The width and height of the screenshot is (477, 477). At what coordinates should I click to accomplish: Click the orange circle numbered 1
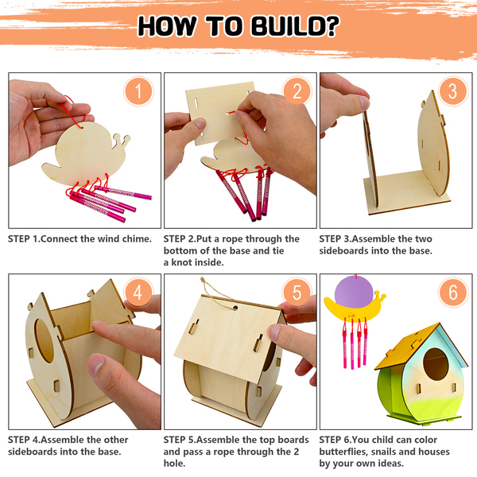click(138, 91)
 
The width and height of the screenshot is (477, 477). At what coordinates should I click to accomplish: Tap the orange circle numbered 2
click(297, 91)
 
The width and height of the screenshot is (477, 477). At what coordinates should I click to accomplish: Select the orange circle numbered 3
click(452, 91)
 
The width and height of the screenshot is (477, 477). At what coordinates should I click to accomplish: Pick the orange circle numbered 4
click(138, 293)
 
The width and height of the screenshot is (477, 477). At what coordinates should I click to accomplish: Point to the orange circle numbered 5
click(297, 293)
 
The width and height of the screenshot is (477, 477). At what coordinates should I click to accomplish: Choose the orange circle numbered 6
click(452, 293)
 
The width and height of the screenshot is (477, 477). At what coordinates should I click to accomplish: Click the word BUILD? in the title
click(295, 26)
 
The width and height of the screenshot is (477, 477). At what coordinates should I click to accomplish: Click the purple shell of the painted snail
click(355, 291)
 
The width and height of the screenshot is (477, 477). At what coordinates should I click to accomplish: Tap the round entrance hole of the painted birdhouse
click(436, 364)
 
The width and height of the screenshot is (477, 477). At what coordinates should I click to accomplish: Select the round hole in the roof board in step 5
click(235, 308)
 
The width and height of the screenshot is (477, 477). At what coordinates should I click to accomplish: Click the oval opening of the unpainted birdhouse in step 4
click(45, 340)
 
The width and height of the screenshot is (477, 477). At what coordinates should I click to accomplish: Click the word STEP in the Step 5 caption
click(174, 440)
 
